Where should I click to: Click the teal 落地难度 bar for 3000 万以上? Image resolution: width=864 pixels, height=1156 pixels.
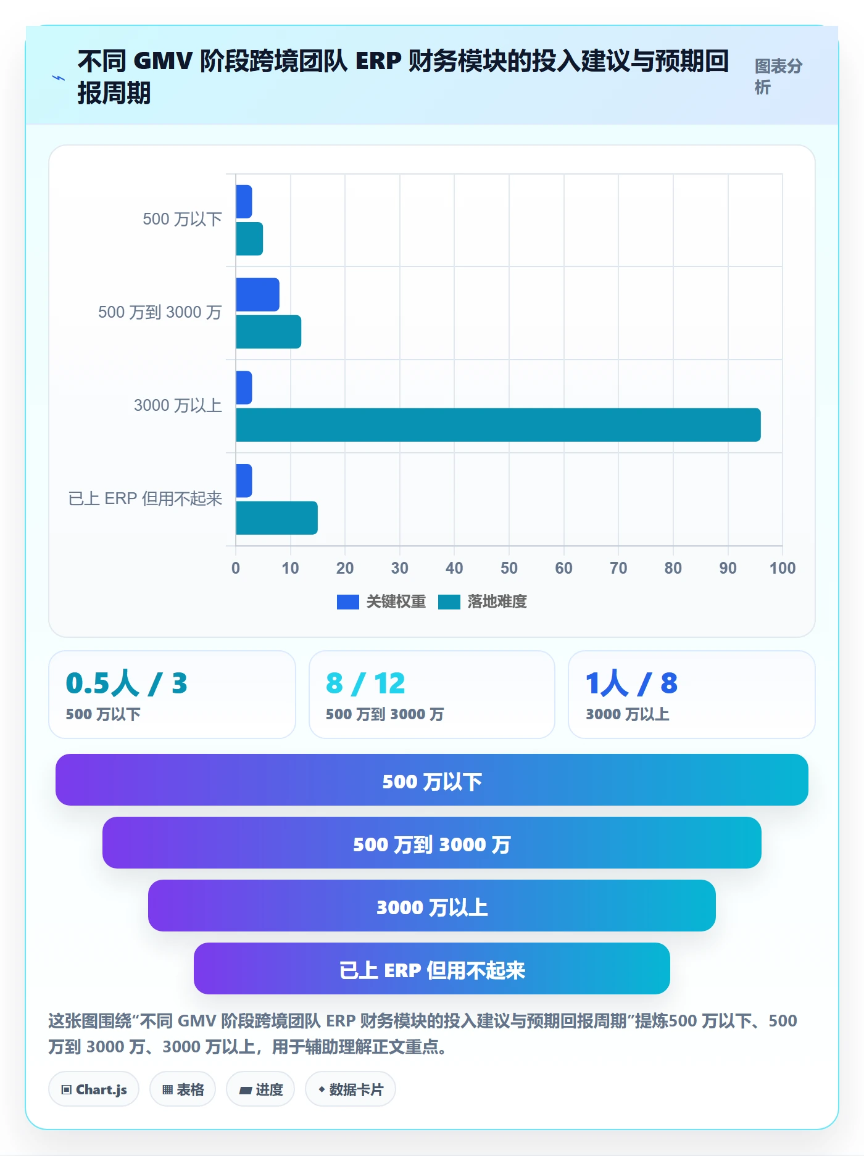(x=498, y=425)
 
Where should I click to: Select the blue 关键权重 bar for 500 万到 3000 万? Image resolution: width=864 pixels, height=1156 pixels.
(x=257, y=295)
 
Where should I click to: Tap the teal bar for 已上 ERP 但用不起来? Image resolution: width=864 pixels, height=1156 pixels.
(x=276, y=518)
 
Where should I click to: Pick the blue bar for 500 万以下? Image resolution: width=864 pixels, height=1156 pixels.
(x=244, y=202)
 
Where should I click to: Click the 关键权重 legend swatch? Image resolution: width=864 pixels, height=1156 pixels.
(x=348, y=602)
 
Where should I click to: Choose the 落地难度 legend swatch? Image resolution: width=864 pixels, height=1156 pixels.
(x=449, y=602)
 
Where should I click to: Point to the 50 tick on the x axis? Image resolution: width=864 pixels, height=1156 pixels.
(x=509, y=568)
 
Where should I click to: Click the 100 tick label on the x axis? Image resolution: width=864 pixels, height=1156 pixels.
(x=783, y=568)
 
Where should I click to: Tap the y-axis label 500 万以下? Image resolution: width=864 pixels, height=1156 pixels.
(x=182, y=220)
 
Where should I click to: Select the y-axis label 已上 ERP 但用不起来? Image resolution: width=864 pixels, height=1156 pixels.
(x=145, y=498)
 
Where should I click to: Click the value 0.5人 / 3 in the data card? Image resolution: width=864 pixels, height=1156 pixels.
(x=127, y=683)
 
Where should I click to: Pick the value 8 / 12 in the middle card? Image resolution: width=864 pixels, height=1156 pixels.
(x=365, y=683)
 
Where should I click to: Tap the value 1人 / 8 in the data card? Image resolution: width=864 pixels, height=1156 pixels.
(x=631, y=683)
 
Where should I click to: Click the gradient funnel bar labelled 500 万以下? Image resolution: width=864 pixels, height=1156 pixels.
(x=432, y=780)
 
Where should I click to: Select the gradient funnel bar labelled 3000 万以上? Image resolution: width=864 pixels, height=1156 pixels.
(x=432, y=906)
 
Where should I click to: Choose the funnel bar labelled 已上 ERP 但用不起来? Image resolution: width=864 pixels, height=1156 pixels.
(x=432, y=968)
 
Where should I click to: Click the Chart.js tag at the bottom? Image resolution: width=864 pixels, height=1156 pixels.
(x=94, y=1089)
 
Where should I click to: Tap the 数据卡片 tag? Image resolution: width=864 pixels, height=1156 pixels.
(x=351, y=1089)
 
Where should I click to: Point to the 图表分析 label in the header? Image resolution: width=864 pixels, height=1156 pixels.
(x=778, y=76)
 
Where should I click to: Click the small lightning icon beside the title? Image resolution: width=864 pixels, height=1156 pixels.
(x=59, y=78)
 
